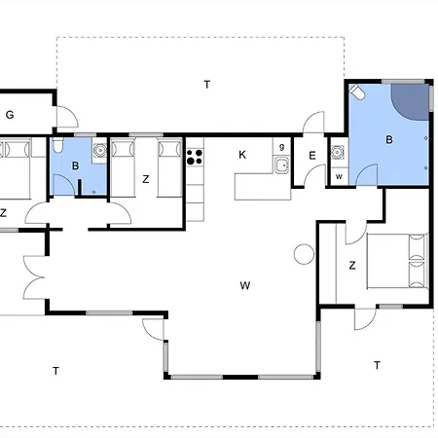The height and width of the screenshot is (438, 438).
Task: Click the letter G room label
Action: pyautogui.click(x=10, y=115)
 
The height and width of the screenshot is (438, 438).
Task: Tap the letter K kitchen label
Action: pyautogui.click(x=242, y=155)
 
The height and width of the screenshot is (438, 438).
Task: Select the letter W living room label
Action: pyautogui.click(x=245, y=285)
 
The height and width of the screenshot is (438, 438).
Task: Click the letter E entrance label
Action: pyautogui.click(x=312, y=156)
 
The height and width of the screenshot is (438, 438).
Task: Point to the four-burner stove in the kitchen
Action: pyautogui.click(x=195, y=157)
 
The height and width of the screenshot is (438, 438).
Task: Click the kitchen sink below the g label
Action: pyautogui.click(x=281, y=165)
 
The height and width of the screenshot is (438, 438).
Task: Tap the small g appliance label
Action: pyautogui.click(x=281, y=147)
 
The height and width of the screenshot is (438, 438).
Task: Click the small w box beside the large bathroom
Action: pyautogui.click(x=339, y=176)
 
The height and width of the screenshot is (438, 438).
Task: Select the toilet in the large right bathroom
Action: pyautogui.click(x=357, y=91)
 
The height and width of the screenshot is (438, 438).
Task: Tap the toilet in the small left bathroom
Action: pyautogui.click(x=57, y=145)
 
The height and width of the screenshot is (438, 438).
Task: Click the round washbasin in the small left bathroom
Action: pyautogui.click(x=100, y=150)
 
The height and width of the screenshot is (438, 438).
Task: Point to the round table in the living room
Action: pyautogui.click(x=304, y=254)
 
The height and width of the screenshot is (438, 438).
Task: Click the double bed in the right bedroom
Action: pyautogui.click(x=397, y=261)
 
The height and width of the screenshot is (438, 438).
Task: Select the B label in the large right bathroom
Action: pyautogui.click(x=389, y=140)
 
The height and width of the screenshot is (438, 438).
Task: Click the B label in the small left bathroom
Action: pyautogui.click(x=75, y=165)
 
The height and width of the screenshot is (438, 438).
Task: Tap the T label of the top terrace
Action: pyautogui.click(x=207, y=85)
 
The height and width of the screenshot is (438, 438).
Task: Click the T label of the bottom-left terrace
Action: pyautogui.click(x=55, y=371)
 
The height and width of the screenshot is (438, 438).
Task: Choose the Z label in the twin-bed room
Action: pyautogui.click(x=146, y=179)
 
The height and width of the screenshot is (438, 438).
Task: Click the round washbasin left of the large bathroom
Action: pyautogui.click(x=337, y=152)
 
